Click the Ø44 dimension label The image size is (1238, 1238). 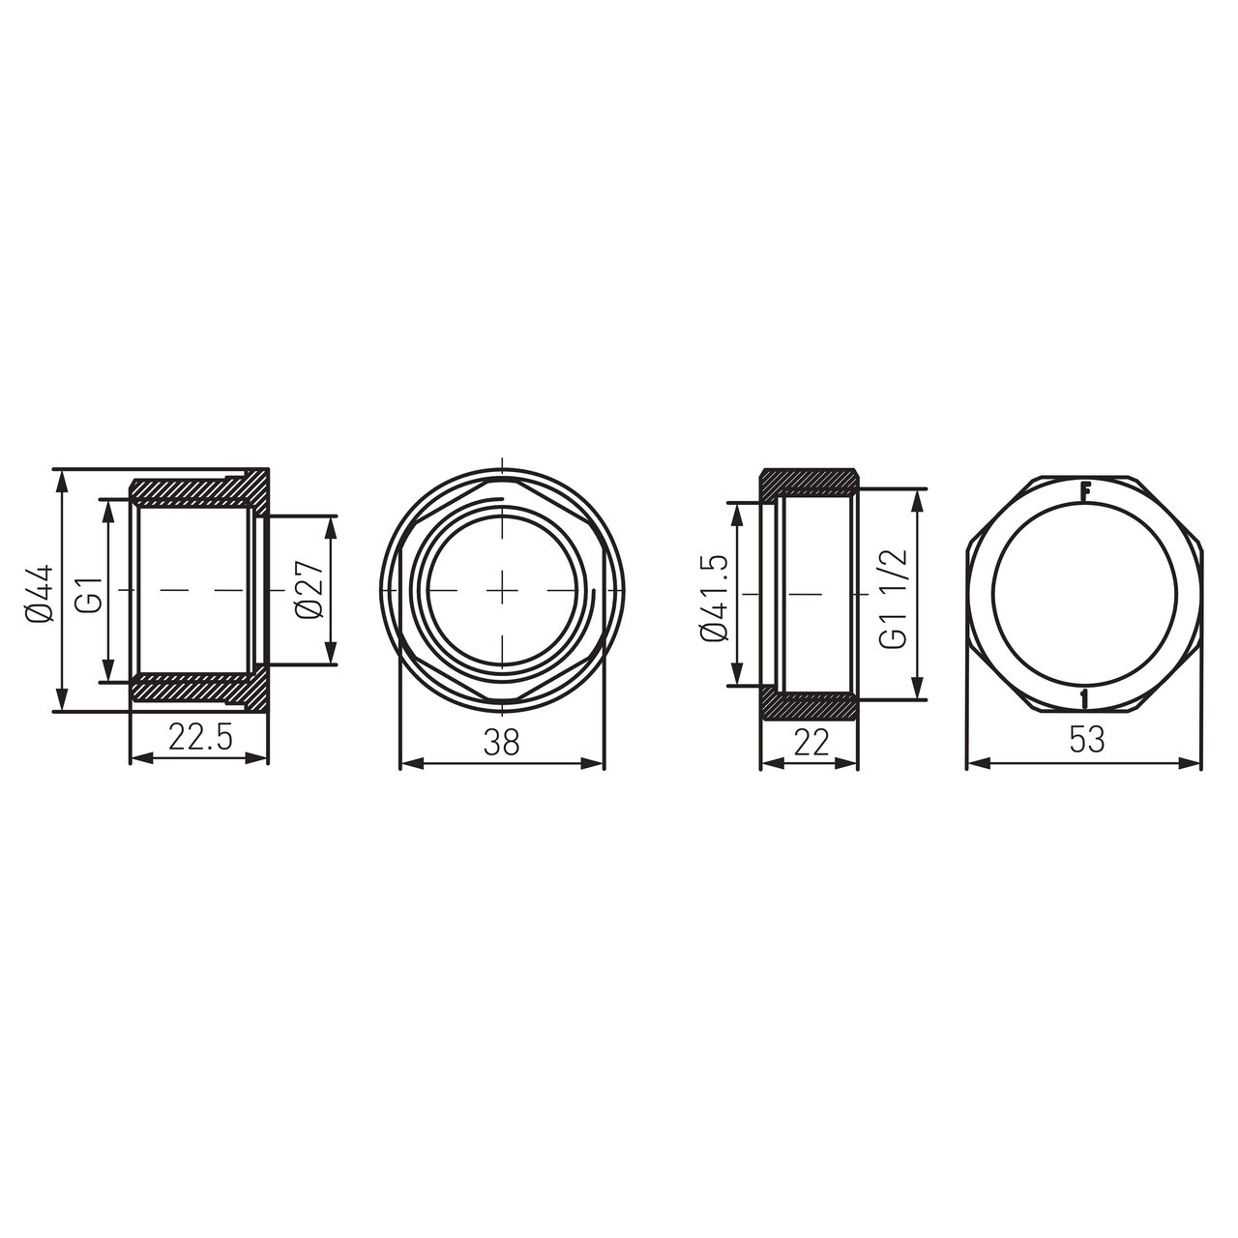40,594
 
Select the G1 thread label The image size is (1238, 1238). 93,594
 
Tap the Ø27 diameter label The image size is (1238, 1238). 309,590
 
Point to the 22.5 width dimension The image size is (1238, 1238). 200,737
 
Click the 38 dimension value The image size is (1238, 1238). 502,743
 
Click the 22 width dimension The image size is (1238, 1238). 811,743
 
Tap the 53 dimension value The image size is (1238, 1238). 1087,740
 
